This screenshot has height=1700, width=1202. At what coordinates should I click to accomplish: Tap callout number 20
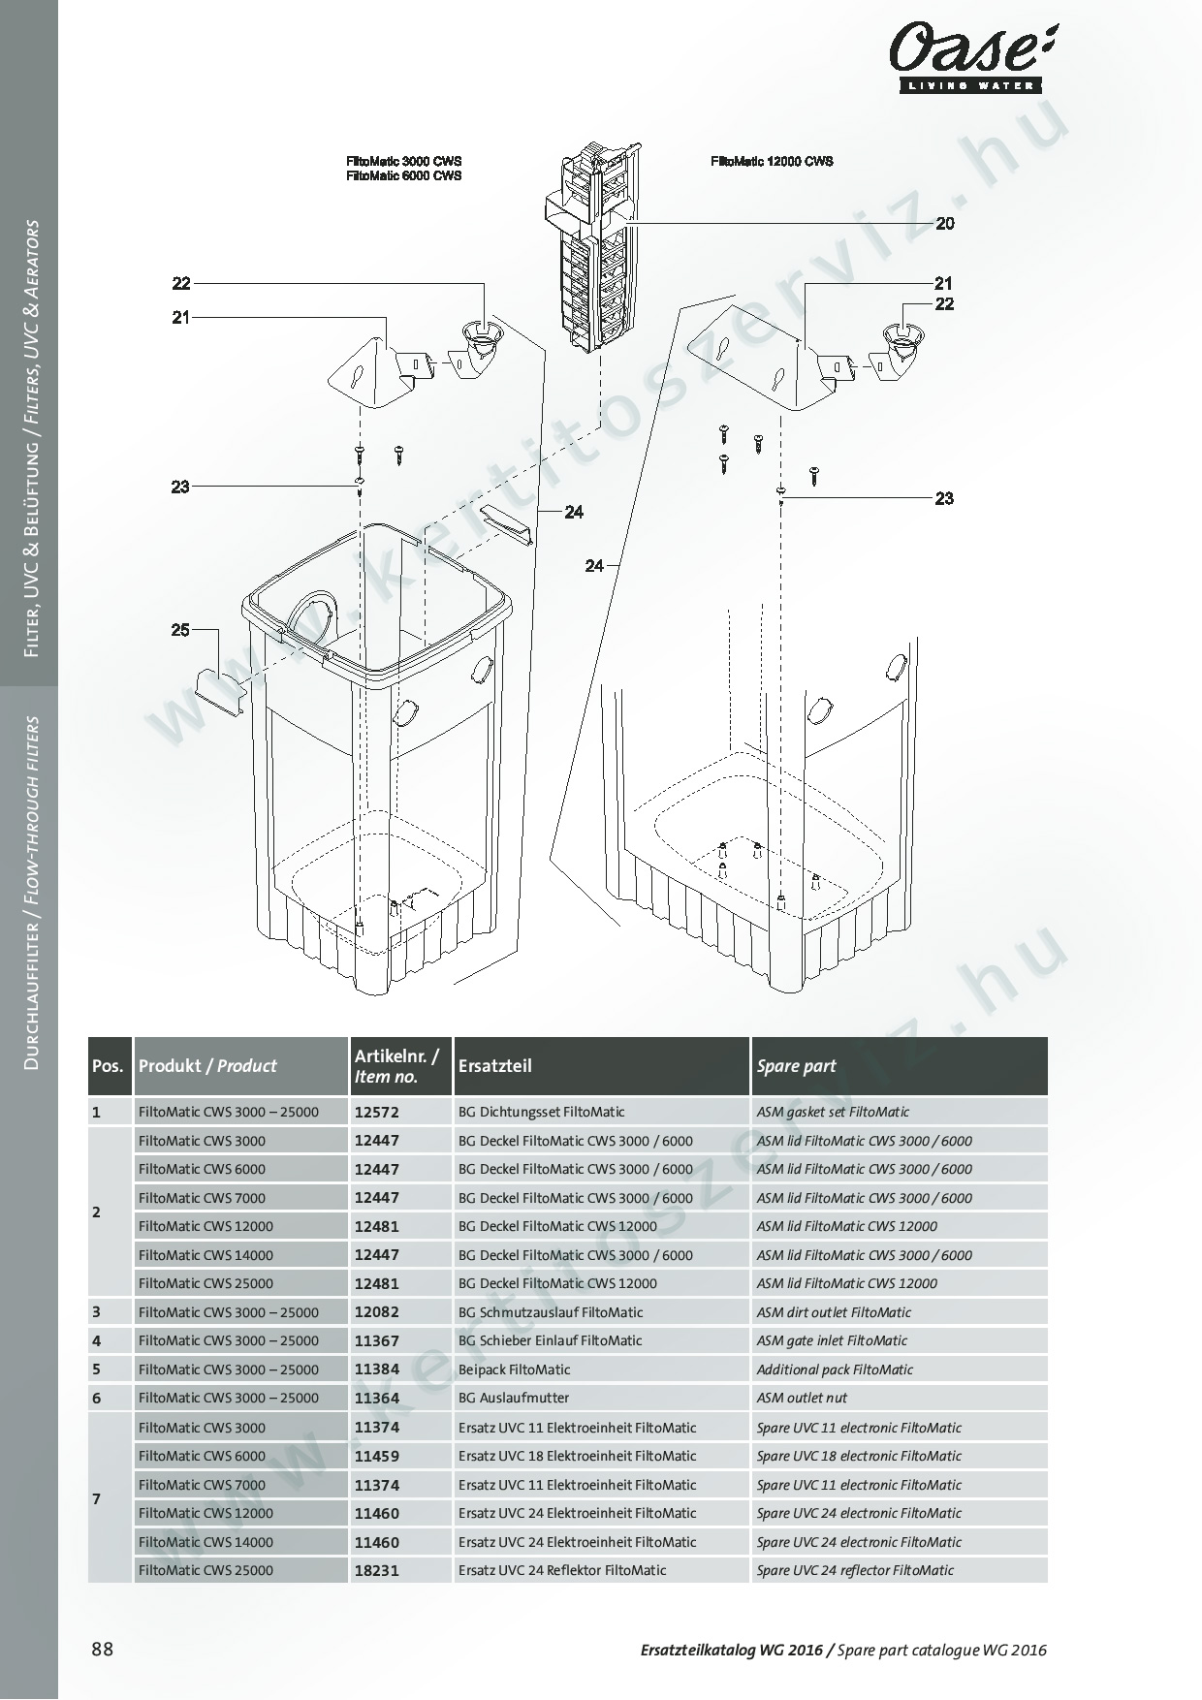944,224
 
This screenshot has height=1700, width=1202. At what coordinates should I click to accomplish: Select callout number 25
180,630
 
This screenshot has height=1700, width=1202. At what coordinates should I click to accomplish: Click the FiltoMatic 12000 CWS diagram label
771,162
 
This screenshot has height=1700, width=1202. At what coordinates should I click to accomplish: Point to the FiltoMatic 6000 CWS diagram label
403,176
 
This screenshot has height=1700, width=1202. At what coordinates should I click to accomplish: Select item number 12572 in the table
376,1113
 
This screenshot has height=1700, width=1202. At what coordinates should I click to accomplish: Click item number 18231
376,1571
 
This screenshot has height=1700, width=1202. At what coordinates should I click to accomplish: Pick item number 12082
376,1312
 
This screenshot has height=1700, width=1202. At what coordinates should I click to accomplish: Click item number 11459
376,1456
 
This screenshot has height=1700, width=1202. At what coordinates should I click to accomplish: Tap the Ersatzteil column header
494,1066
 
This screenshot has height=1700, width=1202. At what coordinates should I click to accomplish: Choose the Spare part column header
796,1066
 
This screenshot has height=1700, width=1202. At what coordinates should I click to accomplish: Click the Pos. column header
108,1066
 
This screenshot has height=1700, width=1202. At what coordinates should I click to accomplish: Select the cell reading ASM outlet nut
802,1398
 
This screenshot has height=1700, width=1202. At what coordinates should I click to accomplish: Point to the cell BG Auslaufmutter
514,1398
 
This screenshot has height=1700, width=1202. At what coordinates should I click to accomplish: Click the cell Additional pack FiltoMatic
835,1369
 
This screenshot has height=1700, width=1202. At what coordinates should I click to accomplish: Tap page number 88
102,1650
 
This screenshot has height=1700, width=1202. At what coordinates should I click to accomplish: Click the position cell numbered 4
96,1341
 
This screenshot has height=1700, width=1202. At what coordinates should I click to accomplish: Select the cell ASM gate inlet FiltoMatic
832,1340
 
